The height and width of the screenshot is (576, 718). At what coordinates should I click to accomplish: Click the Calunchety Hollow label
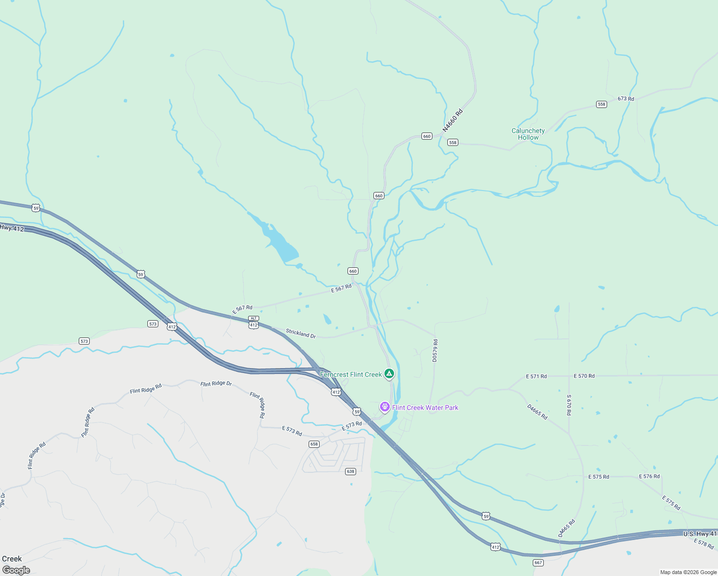pos(528,134)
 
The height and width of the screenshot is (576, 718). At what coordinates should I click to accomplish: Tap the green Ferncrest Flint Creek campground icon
pos(389,373)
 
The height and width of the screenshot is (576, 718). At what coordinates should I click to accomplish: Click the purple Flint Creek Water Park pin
pos(384,407)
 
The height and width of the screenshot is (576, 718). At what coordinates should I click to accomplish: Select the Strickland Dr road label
pos(301,334)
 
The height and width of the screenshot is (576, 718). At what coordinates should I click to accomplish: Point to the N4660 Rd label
pos(453,120)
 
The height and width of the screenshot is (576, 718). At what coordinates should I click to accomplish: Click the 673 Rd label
pos(626,99)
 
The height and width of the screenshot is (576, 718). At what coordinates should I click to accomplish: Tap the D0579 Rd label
pos(435,350)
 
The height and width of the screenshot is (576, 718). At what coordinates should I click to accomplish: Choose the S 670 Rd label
pos(569,405)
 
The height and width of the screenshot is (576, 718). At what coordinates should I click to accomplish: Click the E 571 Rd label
pos(536,376)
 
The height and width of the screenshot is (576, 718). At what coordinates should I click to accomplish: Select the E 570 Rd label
pos(584,376)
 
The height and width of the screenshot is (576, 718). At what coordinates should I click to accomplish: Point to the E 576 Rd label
pos(649,477)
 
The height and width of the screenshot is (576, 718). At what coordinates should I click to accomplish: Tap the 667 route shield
pos(538,563)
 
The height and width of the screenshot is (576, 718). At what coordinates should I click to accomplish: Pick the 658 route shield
pos(314,444)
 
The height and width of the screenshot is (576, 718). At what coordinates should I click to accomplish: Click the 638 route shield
pos(350,471)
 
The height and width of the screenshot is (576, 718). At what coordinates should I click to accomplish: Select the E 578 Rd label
pos(704,544)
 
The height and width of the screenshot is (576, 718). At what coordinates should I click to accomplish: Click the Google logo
pos(16,570)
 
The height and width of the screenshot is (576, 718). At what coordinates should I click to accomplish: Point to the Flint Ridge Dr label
pos(216,384)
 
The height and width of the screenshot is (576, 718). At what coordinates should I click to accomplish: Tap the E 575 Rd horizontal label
pos(598,477)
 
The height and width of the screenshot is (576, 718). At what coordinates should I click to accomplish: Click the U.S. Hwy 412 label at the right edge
pos(700,534)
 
